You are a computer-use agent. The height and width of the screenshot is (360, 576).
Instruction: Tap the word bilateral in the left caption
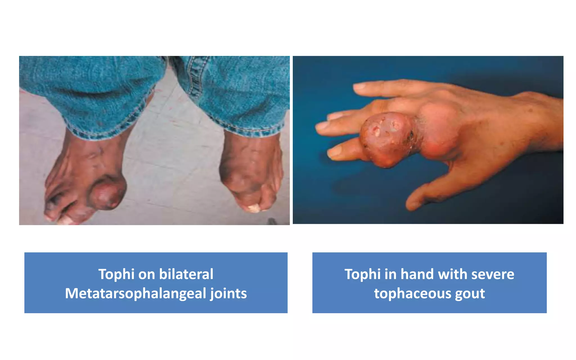click(x=186, y=274)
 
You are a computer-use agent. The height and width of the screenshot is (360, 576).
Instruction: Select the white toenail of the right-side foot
click(x=254, y=208)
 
